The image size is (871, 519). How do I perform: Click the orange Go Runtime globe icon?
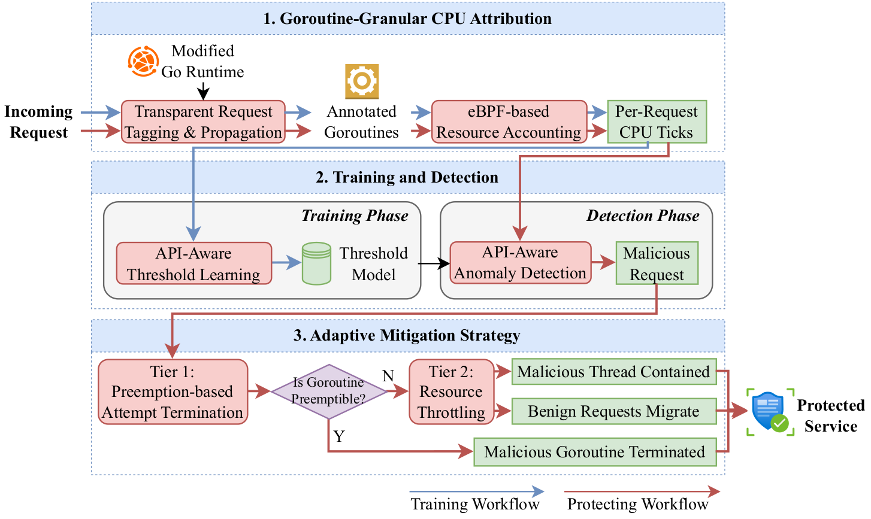tap(144, 61)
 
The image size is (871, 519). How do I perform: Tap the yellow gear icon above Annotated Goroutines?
tap(362, 81)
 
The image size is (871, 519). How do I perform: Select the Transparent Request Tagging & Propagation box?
tap(203, 122)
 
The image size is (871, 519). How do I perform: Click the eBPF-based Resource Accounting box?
tap(509, 122)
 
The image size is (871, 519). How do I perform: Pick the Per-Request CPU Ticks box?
tap(657, 122)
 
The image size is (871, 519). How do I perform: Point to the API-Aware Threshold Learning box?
tap(193, 263)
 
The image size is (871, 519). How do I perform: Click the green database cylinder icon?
tap(316, 263)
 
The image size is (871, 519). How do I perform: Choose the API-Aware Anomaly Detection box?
tap(521, 263)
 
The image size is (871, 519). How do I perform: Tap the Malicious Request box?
tap(657, 263)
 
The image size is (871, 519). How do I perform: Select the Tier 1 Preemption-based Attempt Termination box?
tap(173, 391)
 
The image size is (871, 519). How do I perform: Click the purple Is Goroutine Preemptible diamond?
tap(329, 391)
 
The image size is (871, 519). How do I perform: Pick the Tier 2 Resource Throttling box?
tap(451, 391)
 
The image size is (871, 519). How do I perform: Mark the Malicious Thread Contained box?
tap(614, 372)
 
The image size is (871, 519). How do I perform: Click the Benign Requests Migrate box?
tap(614, 411)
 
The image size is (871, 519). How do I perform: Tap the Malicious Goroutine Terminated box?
tap(595, 452)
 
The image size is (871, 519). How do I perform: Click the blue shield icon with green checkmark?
tap(770, 412)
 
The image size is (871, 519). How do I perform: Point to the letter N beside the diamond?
tap(388, 376)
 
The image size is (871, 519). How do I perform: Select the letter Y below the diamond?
tap(339, 436)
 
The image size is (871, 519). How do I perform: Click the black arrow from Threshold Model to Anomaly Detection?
tap(434, 263)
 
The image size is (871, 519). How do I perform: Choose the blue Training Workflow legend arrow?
tap(477, 491)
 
